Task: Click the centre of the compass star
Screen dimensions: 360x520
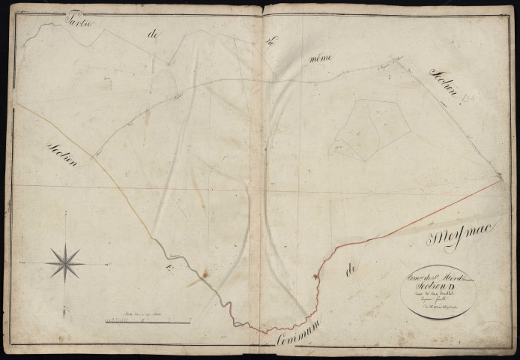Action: point(65,262)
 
